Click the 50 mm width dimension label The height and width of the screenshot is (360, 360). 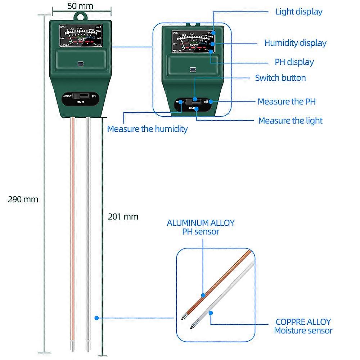pos(80,6)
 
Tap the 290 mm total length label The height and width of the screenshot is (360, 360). pos(23,199)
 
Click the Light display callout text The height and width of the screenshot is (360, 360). pos(299,12)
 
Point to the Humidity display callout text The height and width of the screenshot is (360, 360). pos(295,43)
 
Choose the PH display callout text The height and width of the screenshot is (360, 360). pos(294,62)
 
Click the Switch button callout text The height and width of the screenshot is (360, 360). pos(280,78)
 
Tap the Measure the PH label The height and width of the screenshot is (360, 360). pos(287,102)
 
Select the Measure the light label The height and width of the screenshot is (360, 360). pos(290,121)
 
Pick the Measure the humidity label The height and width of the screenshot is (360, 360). pos(147,129)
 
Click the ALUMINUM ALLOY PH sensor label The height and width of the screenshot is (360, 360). pos(201,227)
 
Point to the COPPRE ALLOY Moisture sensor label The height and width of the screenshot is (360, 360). pos(303,326)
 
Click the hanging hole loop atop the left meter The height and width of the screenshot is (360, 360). pos(80,17)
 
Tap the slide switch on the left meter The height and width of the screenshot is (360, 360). pos(80,96)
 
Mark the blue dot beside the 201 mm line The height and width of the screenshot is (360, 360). pos(96,318)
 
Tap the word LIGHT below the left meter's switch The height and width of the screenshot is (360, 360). pos(80,103)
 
